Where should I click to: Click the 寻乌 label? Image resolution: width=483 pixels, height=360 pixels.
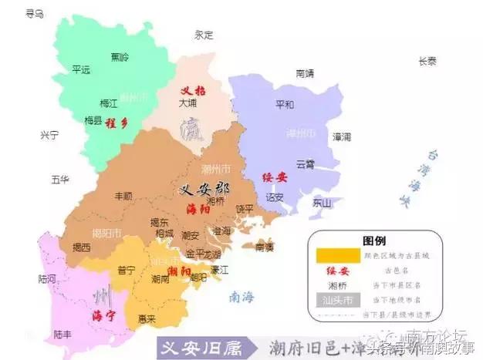click(x=34, y=13)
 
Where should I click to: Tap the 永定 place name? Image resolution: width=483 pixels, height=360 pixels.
click(x=204, y=35)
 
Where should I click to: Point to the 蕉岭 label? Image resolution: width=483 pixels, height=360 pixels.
click(x=120, y=57)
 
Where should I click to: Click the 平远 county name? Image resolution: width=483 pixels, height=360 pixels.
click(x=81, y=69)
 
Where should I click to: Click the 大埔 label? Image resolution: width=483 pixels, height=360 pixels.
click(x=187, y=102)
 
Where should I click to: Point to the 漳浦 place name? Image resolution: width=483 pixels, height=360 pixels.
click(x=341, y=136)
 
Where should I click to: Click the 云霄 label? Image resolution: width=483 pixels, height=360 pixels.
click(x=305, y=164)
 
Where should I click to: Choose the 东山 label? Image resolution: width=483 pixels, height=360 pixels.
click(x=321, y=204)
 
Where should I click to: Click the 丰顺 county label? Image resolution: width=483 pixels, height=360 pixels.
click(x=123, y=197)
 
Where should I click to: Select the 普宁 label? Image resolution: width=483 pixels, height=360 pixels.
click(x=125, y=270)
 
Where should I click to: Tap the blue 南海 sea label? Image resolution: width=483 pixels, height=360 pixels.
click(x=245, y=295)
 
